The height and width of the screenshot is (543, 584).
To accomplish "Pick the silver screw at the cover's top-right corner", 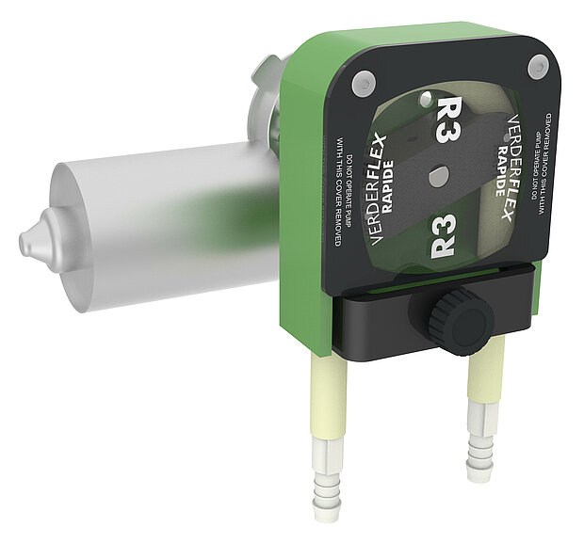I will (x=537, y=66).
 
